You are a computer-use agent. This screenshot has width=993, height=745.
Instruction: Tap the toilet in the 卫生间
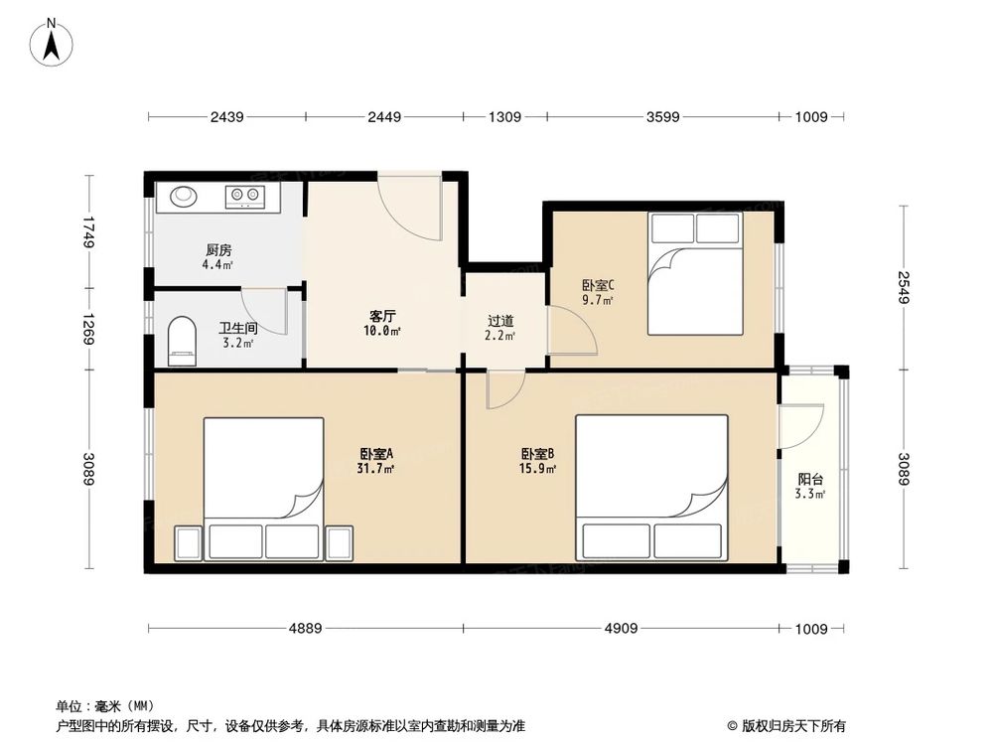pos(183,337)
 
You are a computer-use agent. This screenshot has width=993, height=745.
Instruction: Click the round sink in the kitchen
pos(186,196)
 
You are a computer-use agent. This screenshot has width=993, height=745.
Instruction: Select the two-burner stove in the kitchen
pos(243,196)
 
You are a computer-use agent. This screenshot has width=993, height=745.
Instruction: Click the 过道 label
pos(500,322)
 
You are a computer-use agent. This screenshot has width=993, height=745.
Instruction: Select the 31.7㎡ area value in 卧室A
pos(376,469)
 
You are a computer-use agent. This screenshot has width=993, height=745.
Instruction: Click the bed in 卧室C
pos(695,273)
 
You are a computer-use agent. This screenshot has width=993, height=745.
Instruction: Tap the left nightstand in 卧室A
pos(189,542)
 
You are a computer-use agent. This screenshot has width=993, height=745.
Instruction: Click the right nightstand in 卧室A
pos(339,542)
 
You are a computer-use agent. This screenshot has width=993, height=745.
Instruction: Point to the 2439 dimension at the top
pos(226,117)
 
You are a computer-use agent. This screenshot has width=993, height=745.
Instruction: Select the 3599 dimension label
pos(662,117)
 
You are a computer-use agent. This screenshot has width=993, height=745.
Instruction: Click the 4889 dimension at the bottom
pos(305,628)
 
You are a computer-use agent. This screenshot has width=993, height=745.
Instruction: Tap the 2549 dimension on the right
pos(903,288)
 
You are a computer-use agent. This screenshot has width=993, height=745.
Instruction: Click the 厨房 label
pos(219,250)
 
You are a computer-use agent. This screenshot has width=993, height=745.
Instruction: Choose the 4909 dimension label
pos(622,628)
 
